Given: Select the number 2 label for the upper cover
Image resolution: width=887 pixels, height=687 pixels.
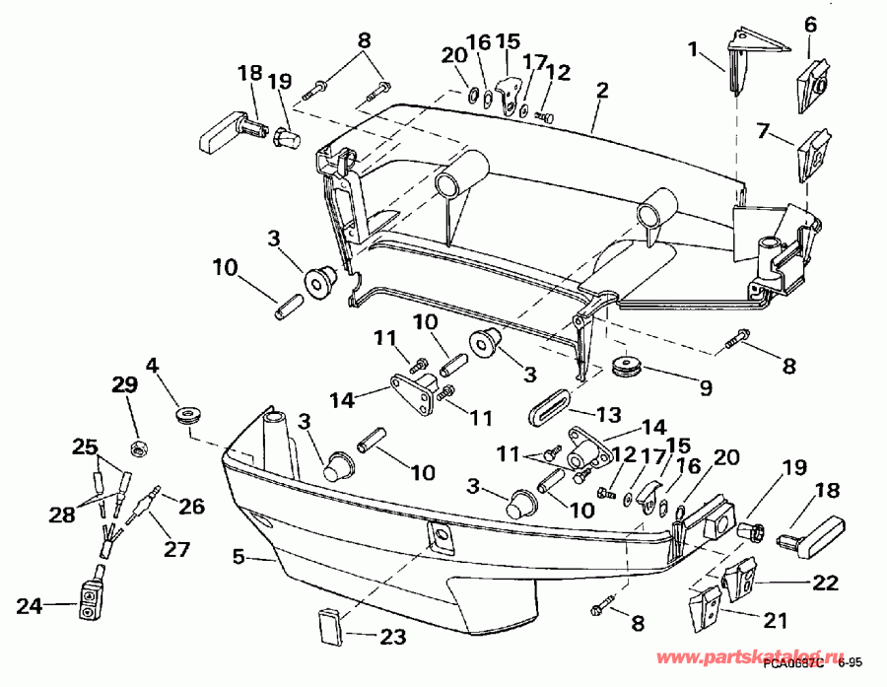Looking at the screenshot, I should (x=601, y=90).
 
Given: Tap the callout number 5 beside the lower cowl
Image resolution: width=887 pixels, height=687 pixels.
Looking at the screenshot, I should (x=238, y=557).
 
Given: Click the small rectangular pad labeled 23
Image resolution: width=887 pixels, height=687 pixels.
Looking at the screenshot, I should (x=329, y=624).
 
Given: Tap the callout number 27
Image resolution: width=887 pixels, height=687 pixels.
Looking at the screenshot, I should (x=177, y=548).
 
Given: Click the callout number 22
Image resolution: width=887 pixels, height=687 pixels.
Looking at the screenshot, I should (x=824, y=582).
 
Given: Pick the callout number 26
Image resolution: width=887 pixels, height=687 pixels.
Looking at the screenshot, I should (x=191, y=507).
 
